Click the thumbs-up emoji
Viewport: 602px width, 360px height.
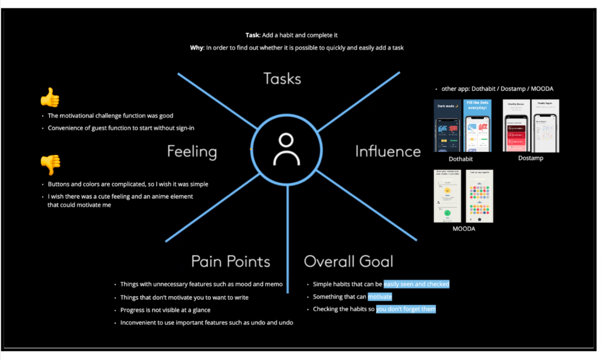click(x=49, y=98)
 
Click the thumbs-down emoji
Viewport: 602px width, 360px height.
click(x=50, y=165)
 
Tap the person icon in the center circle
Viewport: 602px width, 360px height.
click(x=286, y=150)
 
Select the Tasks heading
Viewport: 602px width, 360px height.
click(x=282, y=79)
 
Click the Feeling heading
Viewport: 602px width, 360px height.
click(x=192, y=152)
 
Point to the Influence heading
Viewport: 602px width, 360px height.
click(x=388, y=151)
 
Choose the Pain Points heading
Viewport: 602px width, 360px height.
click(x=230, y=261)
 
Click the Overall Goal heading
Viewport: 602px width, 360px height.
click(x=348, y=261)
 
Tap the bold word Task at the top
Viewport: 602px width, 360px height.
click(x=253, y=35)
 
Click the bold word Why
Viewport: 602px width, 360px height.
click(x=196, y=48)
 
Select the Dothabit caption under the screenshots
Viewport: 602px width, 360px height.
click(x=461, y=159)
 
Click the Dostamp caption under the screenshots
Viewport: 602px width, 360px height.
click(x=530, y=158)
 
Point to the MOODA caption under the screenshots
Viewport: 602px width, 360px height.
click(x=464, y=229)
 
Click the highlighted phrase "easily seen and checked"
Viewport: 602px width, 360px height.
click(x=416, y=284)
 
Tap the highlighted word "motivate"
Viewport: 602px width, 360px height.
click(x=380, y=296)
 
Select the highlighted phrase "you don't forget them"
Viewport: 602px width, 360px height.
click(x=406, y=309)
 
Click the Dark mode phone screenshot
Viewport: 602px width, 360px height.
click(x=448, y=125)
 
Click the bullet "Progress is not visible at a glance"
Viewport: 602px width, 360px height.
click(x=165, y=310)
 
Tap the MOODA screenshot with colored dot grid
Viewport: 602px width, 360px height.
click(x=480, y=196)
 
